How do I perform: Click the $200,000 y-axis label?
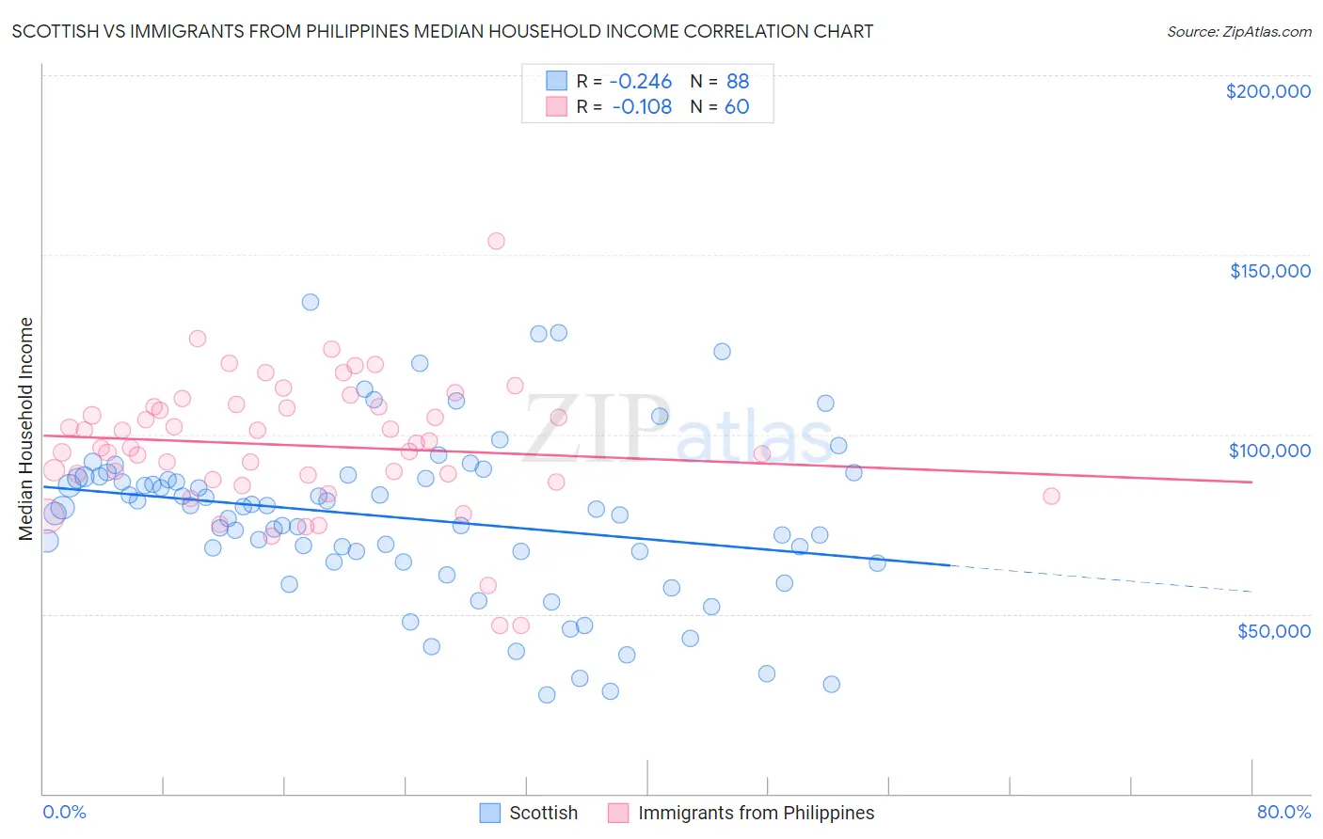point(1267,91)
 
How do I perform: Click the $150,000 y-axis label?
point(1269,271)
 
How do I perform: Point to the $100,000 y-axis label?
point(1269,451)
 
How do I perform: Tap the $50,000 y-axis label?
point(1273,630)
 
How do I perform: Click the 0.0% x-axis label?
point(64,812)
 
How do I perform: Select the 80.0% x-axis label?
point(1283,812)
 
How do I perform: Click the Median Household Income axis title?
point(25,429)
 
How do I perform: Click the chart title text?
point(442,31)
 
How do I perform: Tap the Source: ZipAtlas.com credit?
point(1238,31)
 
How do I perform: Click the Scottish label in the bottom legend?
point(543,813)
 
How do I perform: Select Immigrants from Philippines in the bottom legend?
point(756,813)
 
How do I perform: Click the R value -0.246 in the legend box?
point(642,82)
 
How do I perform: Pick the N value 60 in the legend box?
point(737,107)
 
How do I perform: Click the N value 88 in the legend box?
point(738,82)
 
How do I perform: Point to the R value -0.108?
point(642,107)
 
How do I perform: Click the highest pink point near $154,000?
point(496,241)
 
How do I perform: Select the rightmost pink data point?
point(1051,496)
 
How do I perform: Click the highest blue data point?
point(311,302)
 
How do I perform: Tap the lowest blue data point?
point(547,695)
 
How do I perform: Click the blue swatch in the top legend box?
point(556,82)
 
